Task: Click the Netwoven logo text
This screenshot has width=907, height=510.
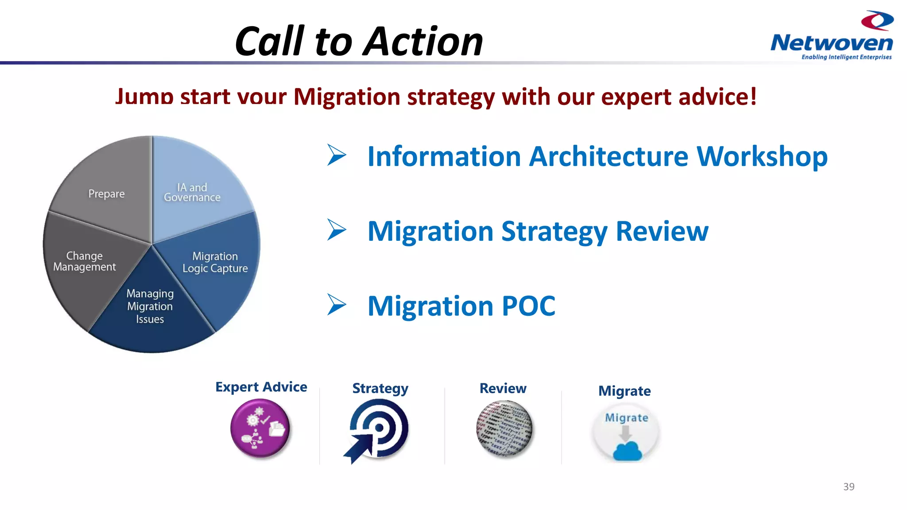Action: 831,43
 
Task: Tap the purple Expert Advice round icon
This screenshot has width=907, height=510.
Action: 260,428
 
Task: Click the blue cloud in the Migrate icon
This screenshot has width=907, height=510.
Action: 627,452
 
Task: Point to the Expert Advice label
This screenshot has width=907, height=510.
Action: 261,387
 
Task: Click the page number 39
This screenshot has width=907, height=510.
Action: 849,487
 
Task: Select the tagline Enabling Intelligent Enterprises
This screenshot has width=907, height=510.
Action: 846,57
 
